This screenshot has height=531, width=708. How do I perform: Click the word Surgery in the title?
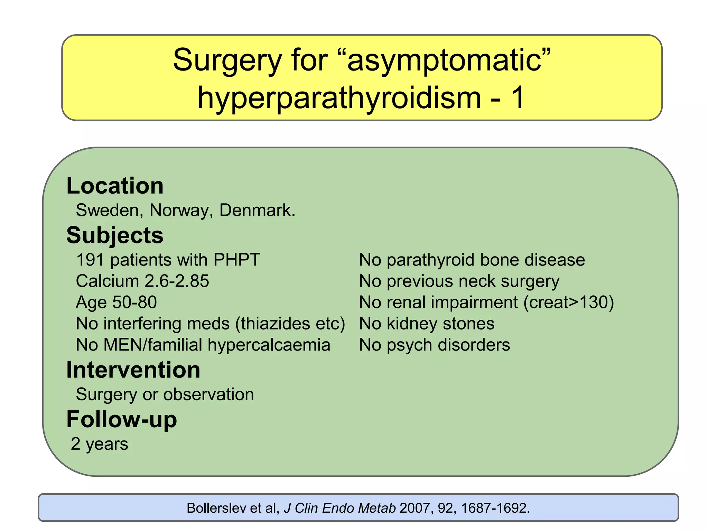(227, 60)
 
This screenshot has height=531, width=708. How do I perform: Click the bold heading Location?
(115, 186)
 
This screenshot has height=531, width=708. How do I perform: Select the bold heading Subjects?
(115, 235)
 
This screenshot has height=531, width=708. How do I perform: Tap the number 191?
(90, 260)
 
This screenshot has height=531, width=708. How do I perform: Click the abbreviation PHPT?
(236, 260)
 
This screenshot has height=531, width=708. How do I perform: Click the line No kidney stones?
(427, 324)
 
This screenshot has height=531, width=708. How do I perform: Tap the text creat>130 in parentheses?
(569, 302)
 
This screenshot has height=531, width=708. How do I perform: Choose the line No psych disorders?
(434, 345)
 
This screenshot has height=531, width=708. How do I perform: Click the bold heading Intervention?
(133, 370)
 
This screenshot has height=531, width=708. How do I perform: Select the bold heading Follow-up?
(121, 419)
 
